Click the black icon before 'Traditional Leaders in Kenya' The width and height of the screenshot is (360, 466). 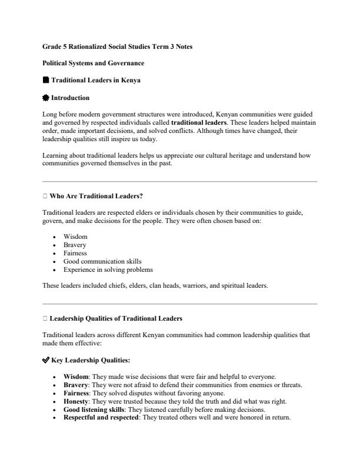tap(46, 80)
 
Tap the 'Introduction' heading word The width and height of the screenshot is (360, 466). tap(71, 98)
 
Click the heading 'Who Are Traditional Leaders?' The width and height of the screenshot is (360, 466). tap(96, 195)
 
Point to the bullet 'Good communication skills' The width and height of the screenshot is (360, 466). tap(102, 261)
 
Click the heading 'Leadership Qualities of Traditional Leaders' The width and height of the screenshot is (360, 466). tap(116, 318)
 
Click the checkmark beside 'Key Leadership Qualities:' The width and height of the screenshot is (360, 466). tap(46, 360)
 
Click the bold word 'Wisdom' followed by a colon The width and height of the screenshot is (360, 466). tap(76, 377)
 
